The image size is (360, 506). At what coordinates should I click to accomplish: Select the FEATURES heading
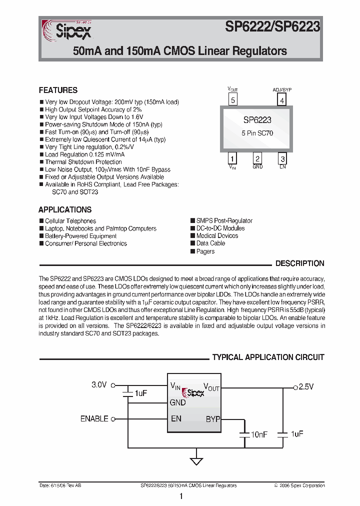point(58,90)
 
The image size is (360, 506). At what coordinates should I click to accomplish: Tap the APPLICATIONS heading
point(65,209)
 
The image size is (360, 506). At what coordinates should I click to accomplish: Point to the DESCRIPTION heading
point(300,263)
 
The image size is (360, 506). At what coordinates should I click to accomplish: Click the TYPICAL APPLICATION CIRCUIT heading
point(268,357)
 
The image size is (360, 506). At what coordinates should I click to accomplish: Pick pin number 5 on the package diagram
point(233,100)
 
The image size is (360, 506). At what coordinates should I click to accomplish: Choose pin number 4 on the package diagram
point(282,100)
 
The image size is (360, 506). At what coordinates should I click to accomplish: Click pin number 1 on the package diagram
point(232,158)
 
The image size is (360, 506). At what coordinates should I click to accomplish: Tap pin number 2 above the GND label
point(257,158)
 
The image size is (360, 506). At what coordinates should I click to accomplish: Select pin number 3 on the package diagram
point(282,158)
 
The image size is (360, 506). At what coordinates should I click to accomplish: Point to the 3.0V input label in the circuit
point(99,385)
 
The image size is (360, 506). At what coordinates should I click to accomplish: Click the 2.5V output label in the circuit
point(306,386)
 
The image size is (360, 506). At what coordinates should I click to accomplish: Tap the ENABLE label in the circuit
point(94,418)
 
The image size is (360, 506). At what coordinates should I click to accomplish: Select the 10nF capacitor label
point(259,435)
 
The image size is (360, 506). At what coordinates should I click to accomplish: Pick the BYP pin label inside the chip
point(212,419)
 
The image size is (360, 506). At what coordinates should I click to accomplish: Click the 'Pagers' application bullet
point(205,251)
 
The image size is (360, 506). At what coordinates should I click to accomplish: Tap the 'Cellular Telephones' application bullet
point(70,221)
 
